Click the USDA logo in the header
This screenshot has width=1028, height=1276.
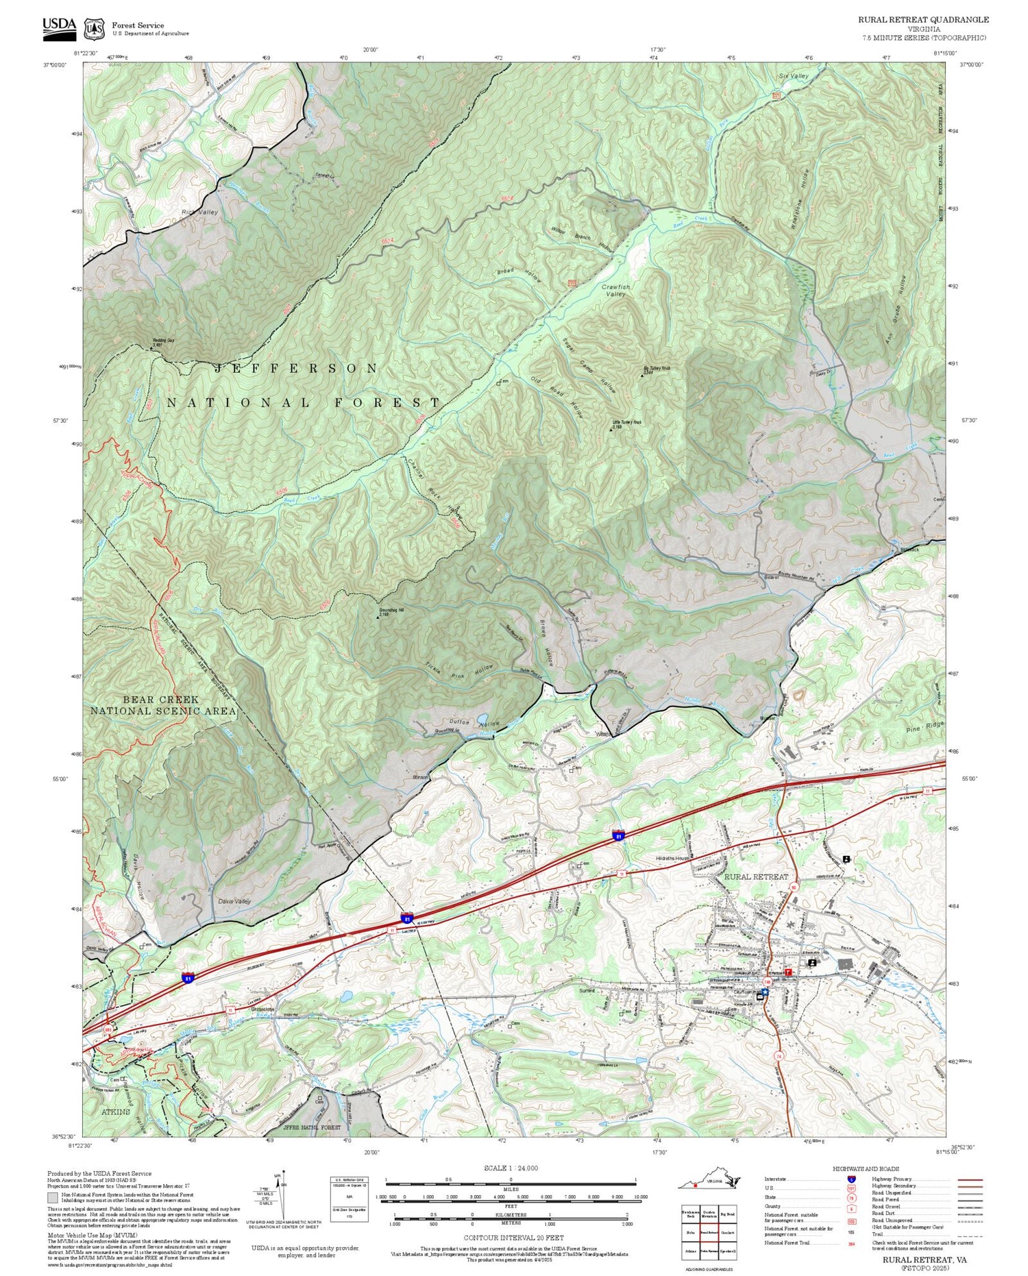click(59, 26)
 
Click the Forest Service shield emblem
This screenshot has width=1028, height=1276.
click(93, 29)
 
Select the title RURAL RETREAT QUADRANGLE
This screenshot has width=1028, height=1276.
click(923, 20)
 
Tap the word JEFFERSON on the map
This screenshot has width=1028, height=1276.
click(296, 369)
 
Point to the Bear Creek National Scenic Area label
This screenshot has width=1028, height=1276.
click(163, 705)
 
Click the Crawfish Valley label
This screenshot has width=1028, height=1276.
click(615, 290)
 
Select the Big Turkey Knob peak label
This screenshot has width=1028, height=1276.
click(656, 369)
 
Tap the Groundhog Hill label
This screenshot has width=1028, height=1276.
click(395, 611)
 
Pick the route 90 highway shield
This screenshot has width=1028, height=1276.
click(793, 888)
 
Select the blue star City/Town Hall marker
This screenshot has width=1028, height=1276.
click(766, 992)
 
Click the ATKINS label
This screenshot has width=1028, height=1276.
click(114, 1112)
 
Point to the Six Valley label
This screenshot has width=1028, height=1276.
click(794, 76)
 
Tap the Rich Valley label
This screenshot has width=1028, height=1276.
click(199, 212)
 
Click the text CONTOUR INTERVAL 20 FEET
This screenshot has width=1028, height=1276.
click(513, 1238)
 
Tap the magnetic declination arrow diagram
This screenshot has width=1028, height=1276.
click(279, 1192)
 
